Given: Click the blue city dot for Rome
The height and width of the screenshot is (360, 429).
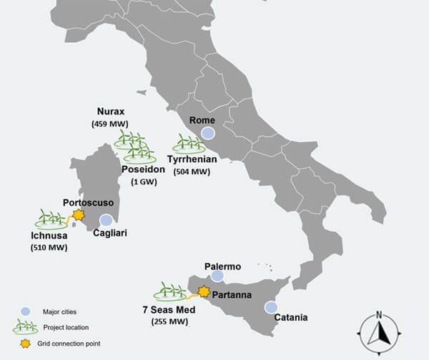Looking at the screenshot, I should click(208, 133).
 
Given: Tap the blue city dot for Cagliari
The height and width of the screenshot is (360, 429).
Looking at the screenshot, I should click(106, 220).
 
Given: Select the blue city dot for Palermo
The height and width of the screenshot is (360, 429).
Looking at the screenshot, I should click(217, 276).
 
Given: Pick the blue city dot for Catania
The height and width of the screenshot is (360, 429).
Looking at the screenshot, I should click(271, 307).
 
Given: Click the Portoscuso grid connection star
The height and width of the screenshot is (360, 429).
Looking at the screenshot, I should click(79, 214).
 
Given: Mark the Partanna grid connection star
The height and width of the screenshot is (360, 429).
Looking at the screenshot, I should click(204, 291).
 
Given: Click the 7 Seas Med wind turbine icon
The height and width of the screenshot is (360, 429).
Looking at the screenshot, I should click(170, 291).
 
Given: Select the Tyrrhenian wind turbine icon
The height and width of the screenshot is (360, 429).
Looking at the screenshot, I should click(189, 144).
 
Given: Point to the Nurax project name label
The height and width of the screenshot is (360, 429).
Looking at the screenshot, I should click(111, 112).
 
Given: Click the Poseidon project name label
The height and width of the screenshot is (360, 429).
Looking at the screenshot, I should click(144, 169).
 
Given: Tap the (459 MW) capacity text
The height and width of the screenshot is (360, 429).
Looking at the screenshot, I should click(111, 124).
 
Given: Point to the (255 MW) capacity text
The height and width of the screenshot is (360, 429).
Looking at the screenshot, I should click(170, 321).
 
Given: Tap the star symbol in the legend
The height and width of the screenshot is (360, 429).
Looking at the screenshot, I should click(26, 343).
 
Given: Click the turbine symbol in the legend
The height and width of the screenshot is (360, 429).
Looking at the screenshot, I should click(26, 326).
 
